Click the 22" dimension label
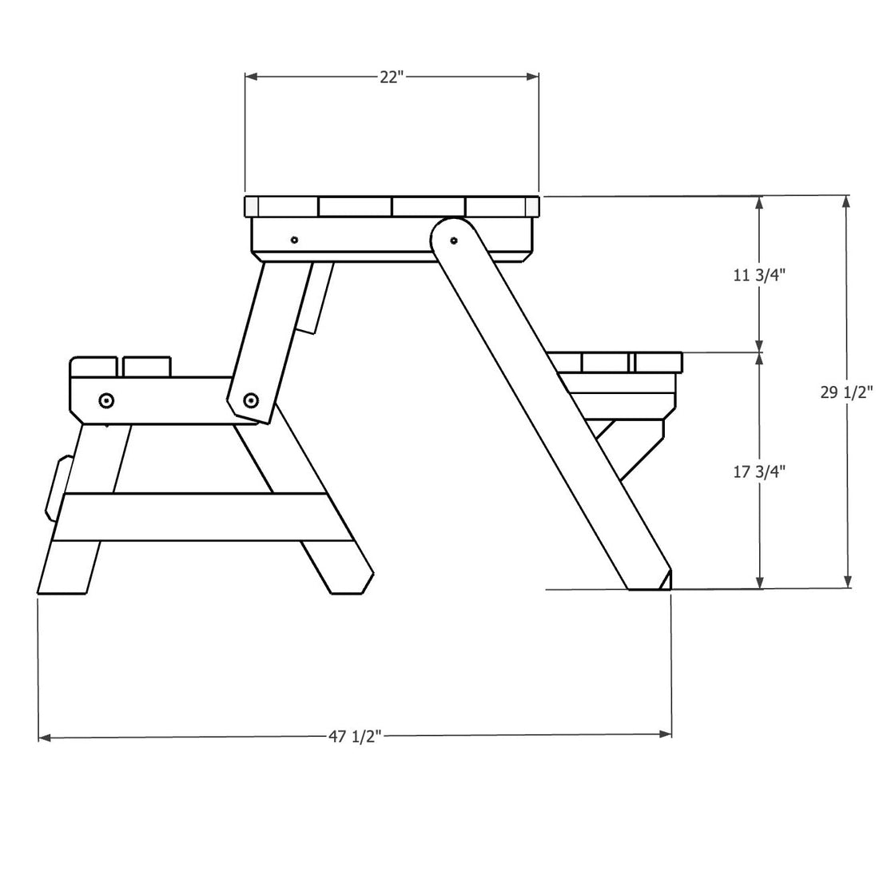(391, 77)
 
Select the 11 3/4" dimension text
(759, 275)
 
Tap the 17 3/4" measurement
(759, 471)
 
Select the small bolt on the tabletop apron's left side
(295, 239)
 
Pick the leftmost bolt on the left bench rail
(105, 400)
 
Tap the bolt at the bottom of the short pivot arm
(250, 400)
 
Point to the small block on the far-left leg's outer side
(58, 486)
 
